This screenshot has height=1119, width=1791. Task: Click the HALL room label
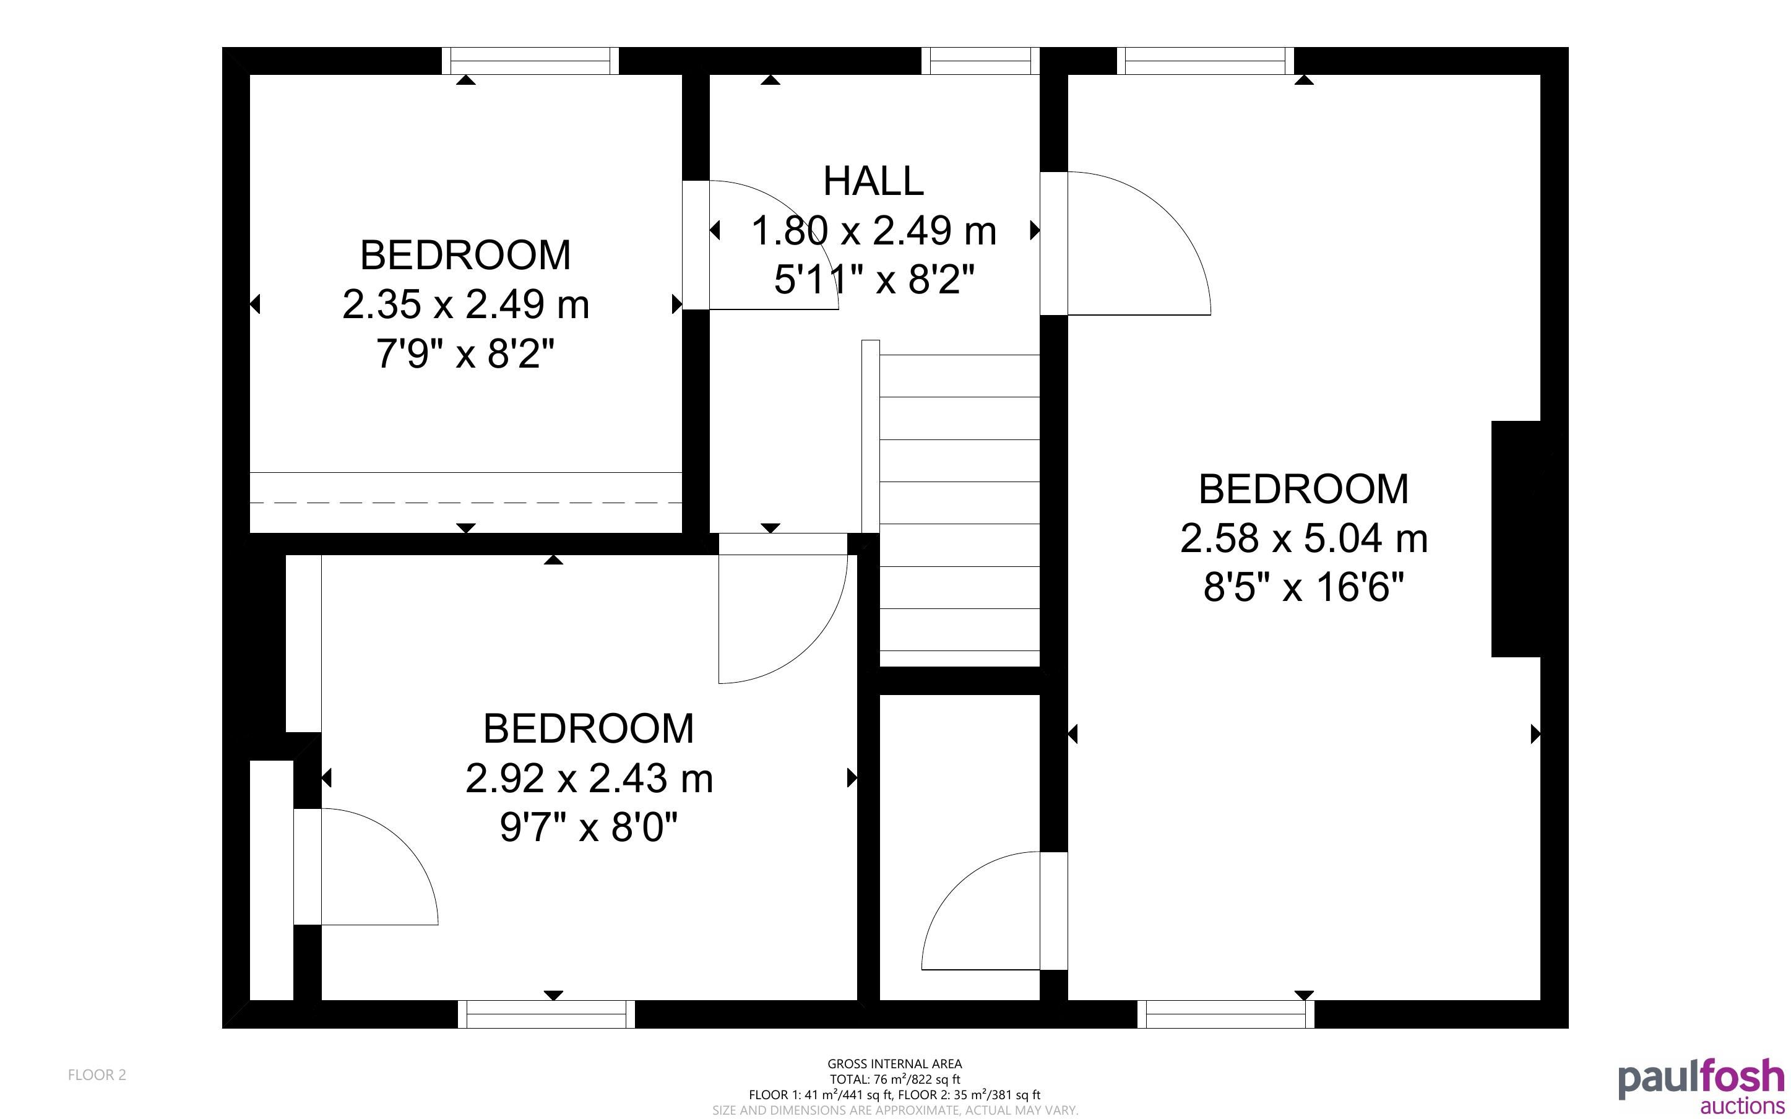[874, 181]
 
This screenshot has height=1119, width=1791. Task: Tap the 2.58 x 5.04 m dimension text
[1303, 539]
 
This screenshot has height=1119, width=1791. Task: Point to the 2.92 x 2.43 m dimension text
[589, 779]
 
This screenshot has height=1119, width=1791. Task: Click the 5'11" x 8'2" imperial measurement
[874, 280]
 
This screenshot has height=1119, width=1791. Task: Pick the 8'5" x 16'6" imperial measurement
[1303, 589]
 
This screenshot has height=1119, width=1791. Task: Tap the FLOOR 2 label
[97, 1074]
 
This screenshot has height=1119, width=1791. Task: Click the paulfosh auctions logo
[1701, 1086]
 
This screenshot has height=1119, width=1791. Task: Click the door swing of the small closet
[954, 888]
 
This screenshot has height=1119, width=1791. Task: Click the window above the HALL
[980, 61]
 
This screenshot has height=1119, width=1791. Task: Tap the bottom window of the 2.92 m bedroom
[546, 1014]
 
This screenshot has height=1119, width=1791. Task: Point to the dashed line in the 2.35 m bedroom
[465, 503]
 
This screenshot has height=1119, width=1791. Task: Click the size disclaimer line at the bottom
[895, 1110]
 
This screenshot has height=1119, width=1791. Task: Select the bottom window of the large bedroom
[1226, 1014]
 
